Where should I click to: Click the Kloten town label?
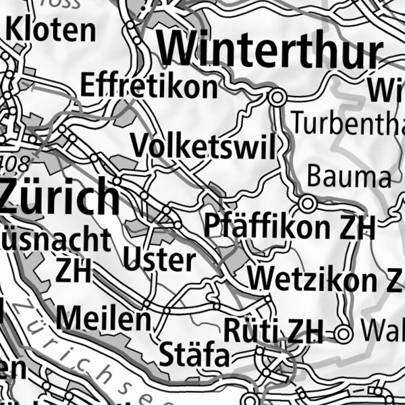coord(51,30)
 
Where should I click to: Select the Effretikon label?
coord(148,86)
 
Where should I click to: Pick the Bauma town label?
coord(348,177)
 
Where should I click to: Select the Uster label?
coord(159,259)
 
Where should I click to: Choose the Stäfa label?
coord(194,354)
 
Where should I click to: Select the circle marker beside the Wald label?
coord(345,333)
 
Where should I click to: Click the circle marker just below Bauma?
coord(308,203)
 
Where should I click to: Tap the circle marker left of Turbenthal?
coord(276,98)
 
